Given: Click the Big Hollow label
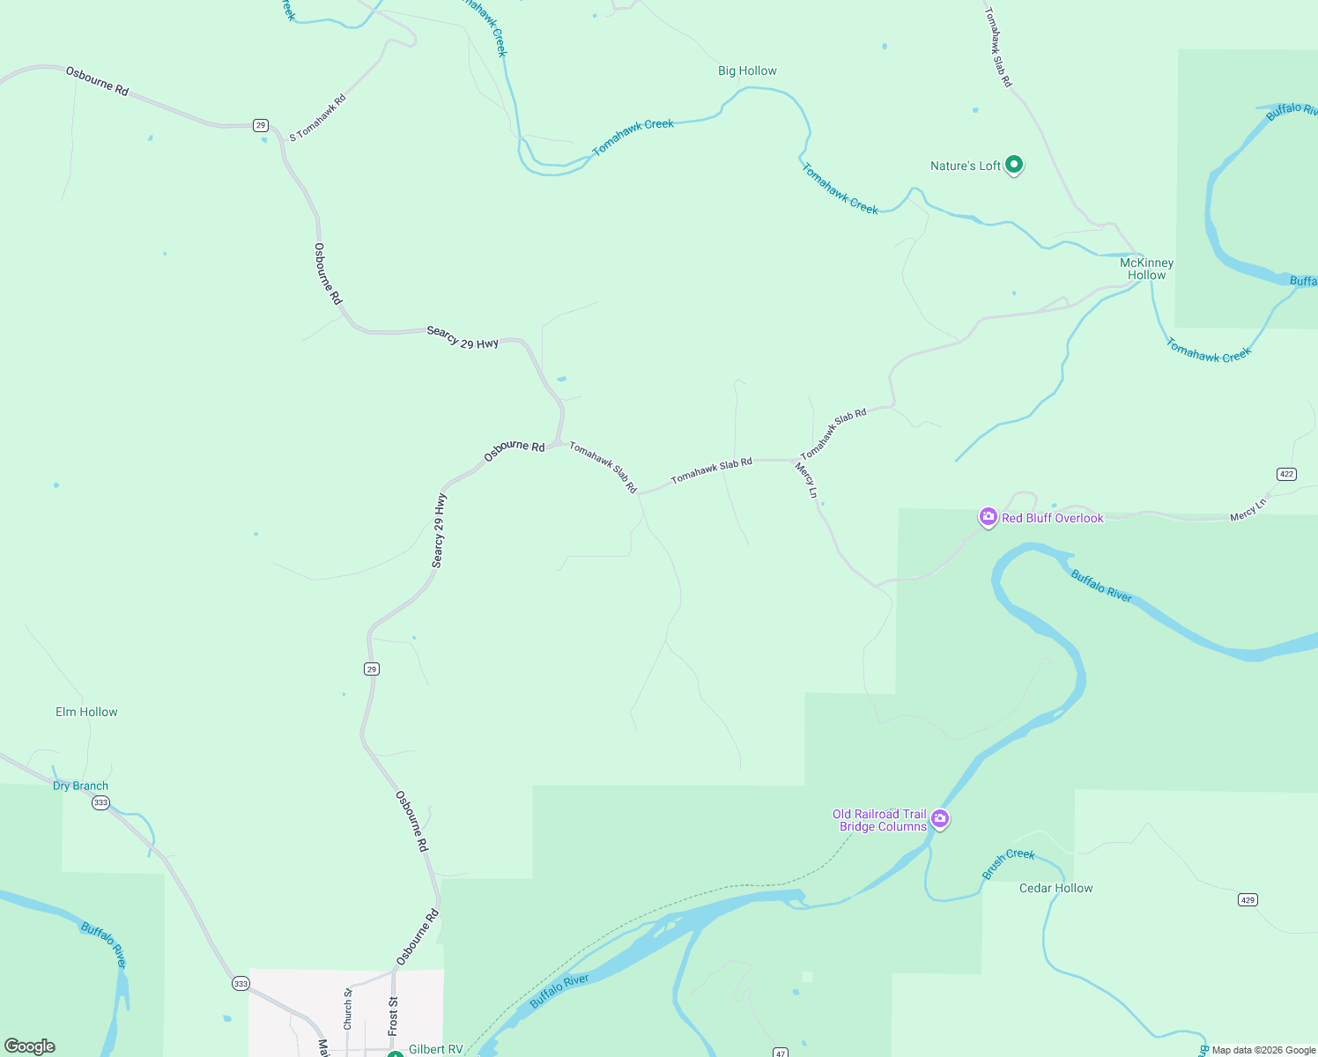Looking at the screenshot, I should (747, 71).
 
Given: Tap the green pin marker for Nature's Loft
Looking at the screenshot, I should (1014, 164).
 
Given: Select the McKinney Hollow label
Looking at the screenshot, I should (1146, 269).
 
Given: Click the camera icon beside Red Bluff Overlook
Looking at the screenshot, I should (988, 517).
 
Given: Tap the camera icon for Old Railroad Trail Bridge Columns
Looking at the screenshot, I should (940, 819).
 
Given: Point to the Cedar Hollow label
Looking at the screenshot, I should (1055, 888).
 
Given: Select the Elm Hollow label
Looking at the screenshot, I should (86, 712).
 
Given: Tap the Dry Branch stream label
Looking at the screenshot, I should (80, 786).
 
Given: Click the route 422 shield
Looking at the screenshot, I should (1286, 474).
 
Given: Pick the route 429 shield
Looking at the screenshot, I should (1248, 899).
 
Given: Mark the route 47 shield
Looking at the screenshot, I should (780, 1053).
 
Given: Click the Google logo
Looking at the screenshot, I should (30, 1046).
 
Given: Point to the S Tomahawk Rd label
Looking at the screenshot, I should (318, 117).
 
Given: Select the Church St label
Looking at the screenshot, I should (348, 1009).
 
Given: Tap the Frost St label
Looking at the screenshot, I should (393, 1016).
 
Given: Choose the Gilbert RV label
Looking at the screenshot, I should (435, 1049).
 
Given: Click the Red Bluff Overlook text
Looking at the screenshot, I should (1052, 518).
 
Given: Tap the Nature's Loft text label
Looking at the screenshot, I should (966, 166).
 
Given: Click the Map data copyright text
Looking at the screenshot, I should (1263, 1050).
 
